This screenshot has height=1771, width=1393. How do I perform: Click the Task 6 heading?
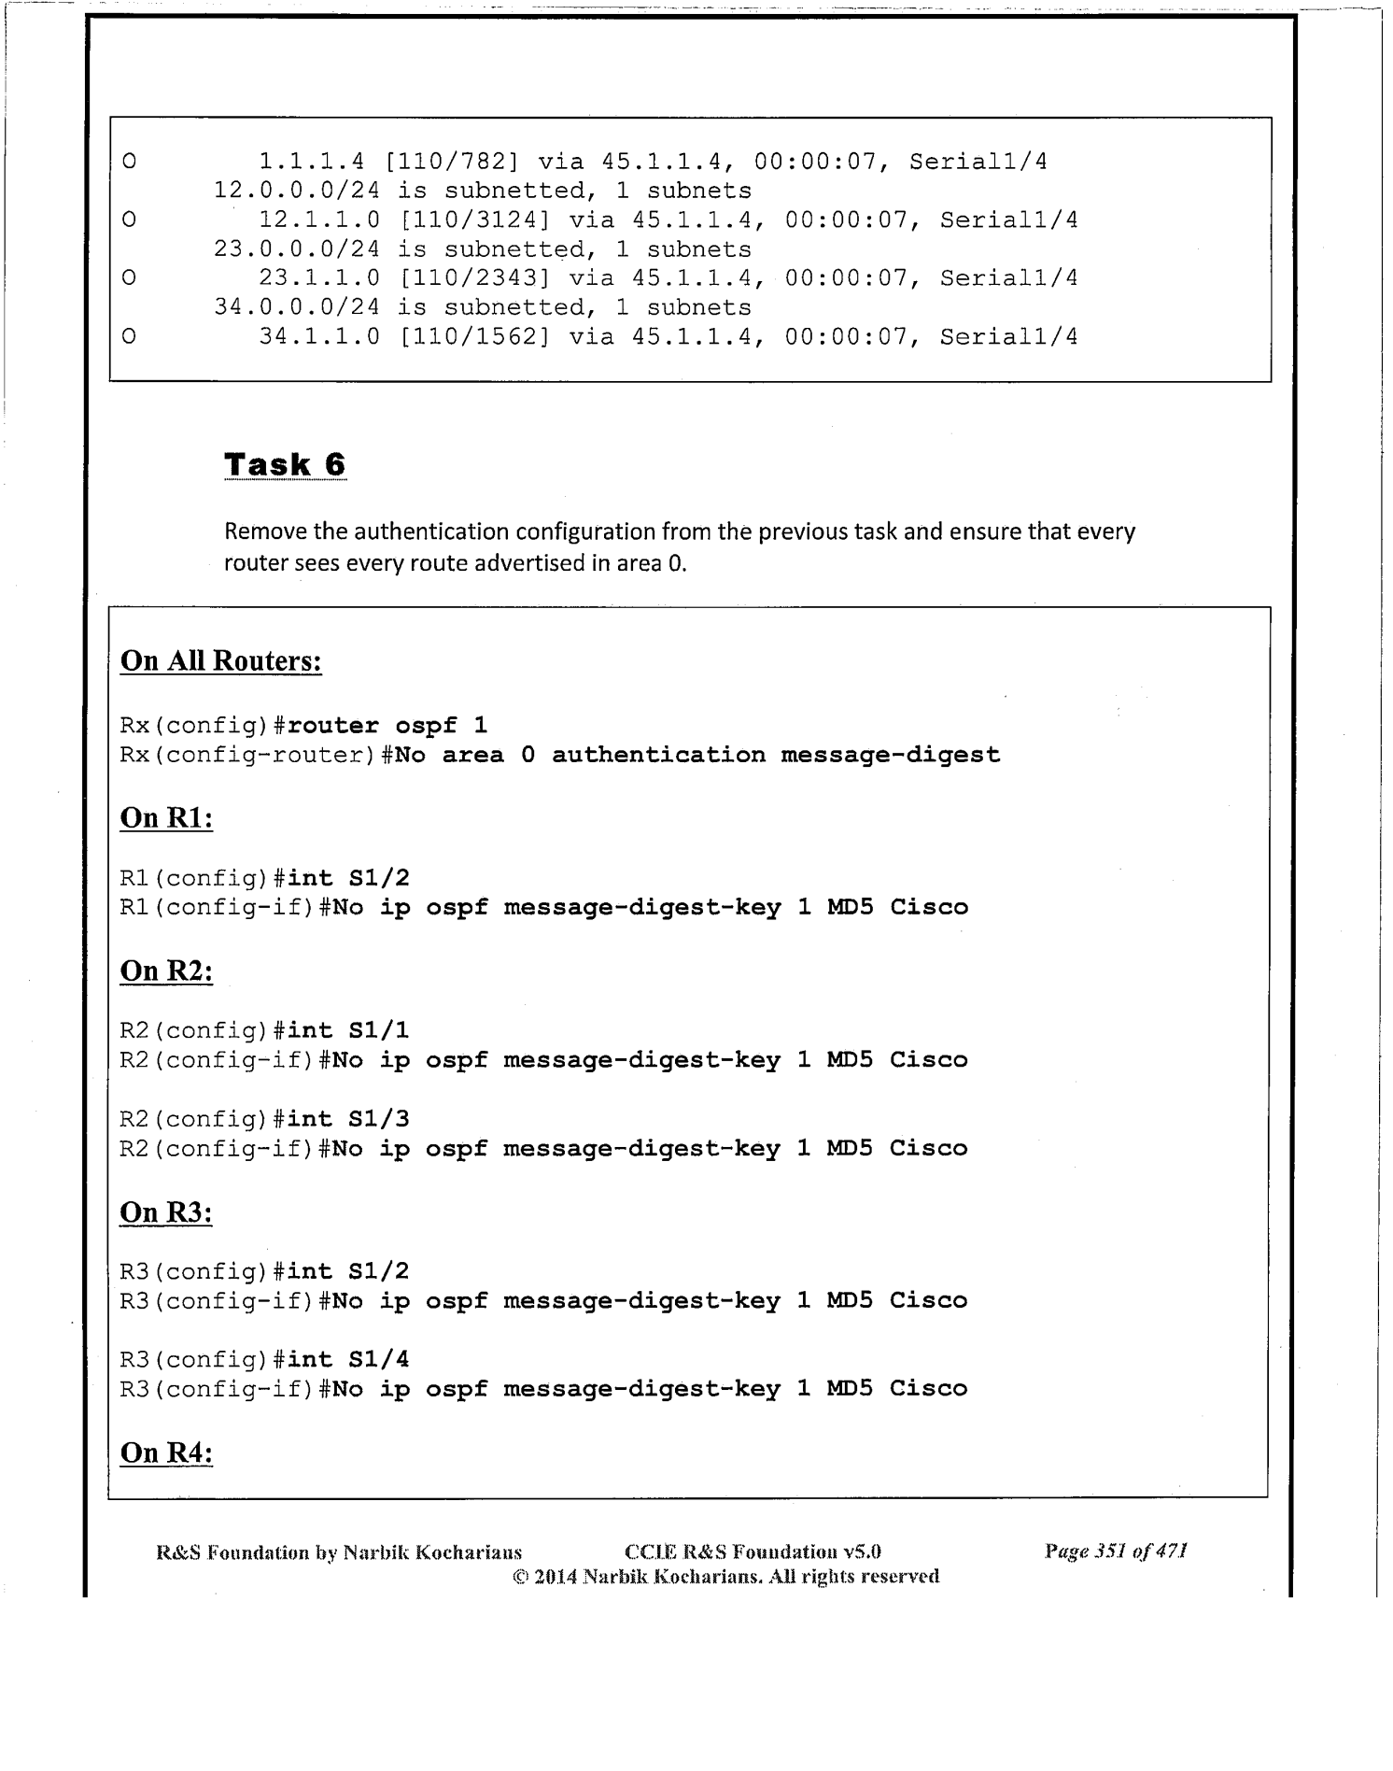285,464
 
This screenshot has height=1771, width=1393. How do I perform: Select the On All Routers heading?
221,660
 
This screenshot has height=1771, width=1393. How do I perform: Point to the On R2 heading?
166,971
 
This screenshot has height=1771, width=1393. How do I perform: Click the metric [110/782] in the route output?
458,162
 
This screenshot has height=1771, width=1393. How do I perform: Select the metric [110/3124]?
473,220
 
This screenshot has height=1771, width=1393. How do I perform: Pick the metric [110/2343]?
473,278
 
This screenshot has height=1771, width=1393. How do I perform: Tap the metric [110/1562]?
473,336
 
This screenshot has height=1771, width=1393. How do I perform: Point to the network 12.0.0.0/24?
297,191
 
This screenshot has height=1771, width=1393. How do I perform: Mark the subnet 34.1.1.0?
319,336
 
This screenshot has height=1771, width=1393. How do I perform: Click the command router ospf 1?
387,726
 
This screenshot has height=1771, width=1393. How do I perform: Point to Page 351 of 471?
1116,1551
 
